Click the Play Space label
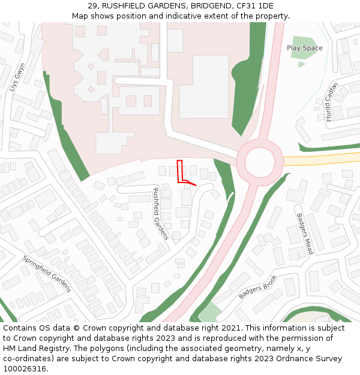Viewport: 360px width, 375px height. point(304,48)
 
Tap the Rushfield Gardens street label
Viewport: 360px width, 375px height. point(161,214)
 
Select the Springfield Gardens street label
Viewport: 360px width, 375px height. point(47,274)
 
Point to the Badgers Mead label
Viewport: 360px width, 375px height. point(305,234)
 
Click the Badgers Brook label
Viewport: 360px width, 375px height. point(257,287)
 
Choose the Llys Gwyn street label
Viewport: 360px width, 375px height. point(17,76)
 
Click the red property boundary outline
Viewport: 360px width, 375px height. point(179,171)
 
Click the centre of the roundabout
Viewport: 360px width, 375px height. point(260,160)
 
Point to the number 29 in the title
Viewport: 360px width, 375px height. point(92,5)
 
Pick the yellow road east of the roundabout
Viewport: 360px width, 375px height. point(321,160)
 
